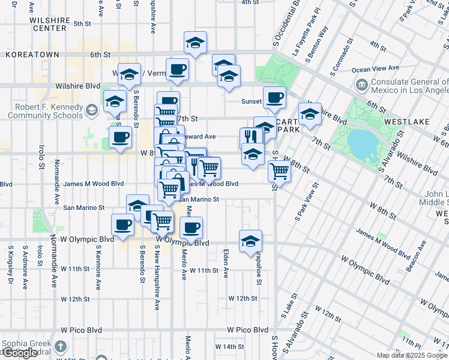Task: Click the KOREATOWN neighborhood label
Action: [32, 55]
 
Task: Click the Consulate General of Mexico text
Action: [409, 86]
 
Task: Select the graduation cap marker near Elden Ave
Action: [250, 241]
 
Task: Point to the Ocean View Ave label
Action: [376, 68]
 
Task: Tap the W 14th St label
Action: [228, 347]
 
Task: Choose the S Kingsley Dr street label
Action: [10, 264]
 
